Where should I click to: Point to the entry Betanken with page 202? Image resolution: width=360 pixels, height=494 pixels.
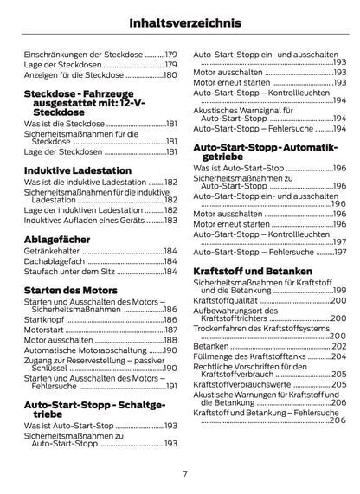212,345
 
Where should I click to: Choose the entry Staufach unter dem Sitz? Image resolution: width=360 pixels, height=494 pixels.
69,272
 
